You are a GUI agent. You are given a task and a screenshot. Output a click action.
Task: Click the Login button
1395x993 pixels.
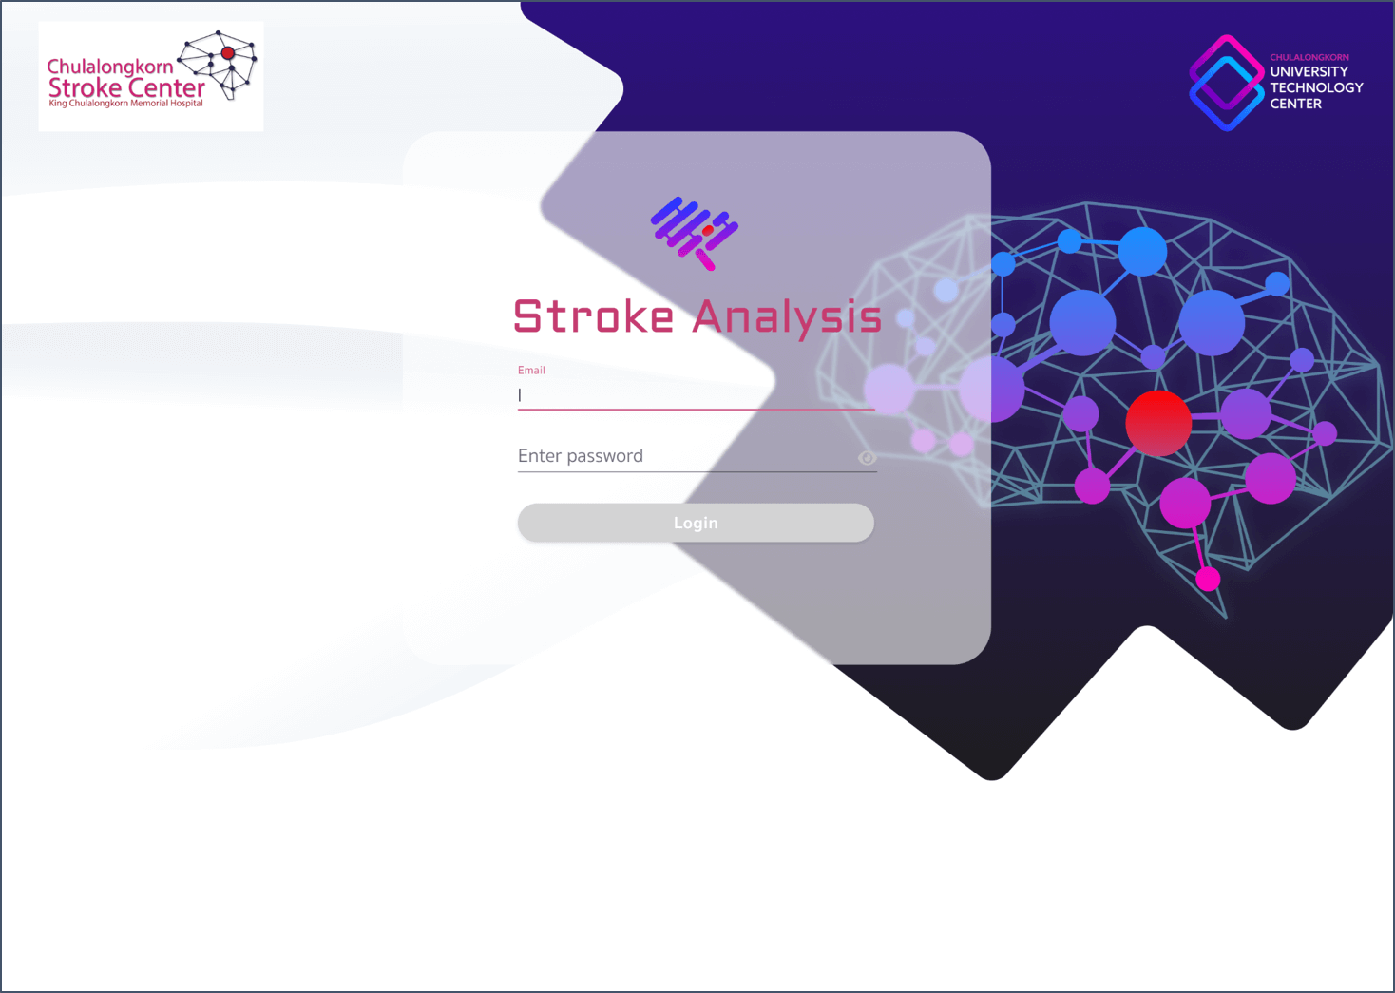[x=696, y=523]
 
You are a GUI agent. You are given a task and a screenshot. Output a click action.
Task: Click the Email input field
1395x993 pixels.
[x=696, y=395]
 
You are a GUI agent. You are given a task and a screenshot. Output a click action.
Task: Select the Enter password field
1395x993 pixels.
[x=684, y=456]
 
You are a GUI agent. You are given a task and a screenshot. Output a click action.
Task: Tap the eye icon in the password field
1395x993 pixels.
[x=867, y=458]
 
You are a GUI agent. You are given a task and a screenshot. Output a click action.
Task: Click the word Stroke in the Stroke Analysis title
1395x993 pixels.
[x=594, y=317]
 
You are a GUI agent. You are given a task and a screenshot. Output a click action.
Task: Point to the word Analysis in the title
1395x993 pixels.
[x=787, y=317]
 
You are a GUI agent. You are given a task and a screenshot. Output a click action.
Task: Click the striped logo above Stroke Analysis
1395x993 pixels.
[x=695, y=233]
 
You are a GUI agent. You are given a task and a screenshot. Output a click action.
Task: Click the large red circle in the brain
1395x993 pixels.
[x=1158, y=423]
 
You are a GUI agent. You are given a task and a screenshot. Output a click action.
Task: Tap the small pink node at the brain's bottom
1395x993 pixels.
[x=1208, y=578]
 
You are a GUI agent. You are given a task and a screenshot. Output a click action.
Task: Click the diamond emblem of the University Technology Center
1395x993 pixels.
[x=1226, y=84]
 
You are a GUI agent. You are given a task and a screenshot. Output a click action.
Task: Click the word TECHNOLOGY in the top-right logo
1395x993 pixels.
[x=1316, y=87]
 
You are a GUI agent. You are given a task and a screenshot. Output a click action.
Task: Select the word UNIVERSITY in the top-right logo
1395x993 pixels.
[x=1309, y=71]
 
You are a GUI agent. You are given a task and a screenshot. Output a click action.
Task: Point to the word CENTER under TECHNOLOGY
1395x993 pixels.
[x=1295, y=104]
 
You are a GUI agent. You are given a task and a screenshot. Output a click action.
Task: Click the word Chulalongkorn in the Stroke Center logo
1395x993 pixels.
[x=110, y=67]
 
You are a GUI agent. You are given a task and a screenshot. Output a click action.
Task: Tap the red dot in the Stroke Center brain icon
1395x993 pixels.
[x=228, y=53]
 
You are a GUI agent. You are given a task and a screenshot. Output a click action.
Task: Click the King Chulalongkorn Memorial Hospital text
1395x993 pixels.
[x=125, y=103]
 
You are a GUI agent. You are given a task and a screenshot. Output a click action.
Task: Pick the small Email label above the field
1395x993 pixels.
[x=531, y=371]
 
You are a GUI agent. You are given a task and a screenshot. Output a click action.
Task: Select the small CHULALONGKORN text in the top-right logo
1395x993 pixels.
[x=1309, y=57]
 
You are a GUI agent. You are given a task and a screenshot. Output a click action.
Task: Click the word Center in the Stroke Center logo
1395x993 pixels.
[x=166, y=87]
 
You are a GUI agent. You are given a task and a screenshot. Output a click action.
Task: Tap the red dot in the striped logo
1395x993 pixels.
[x=708, y=230]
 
